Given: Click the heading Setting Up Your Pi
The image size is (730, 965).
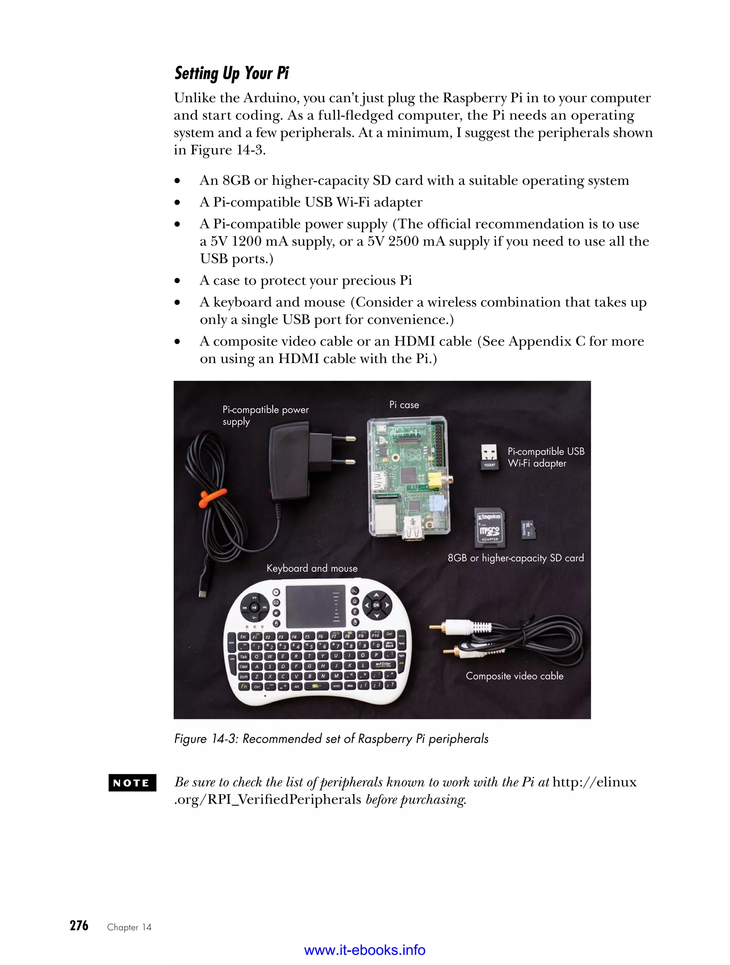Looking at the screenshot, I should [232, 73].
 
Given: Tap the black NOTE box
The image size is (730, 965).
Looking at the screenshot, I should [132, 783].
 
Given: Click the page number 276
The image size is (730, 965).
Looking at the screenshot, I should [79, 926].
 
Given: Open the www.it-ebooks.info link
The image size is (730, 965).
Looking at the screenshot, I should [365, 950].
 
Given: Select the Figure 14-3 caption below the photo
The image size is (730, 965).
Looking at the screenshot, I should [331, 739].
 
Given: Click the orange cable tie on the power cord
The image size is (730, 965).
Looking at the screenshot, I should [212, 497].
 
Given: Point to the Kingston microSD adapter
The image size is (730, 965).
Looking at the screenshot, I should [490, 527].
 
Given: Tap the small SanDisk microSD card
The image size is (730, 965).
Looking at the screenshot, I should [528, 530].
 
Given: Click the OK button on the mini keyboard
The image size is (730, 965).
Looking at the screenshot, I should [376, 605].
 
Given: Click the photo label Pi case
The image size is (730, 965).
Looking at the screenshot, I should [404, 405].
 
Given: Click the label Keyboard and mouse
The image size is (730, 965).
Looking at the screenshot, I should [312, 568].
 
